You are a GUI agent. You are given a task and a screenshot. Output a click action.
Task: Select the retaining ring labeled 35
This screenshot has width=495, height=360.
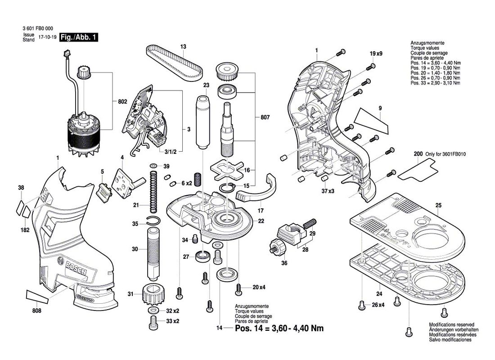[153, 220]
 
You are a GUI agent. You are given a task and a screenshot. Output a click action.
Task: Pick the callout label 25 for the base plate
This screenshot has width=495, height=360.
[438, 205]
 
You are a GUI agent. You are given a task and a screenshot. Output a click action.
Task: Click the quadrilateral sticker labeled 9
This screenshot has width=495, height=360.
[370, 119]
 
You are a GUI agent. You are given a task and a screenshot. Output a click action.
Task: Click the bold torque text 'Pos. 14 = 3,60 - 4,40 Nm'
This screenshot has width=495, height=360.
[279, 328]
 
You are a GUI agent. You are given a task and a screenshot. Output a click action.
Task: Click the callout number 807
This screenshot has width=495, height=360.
[265, 118]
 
